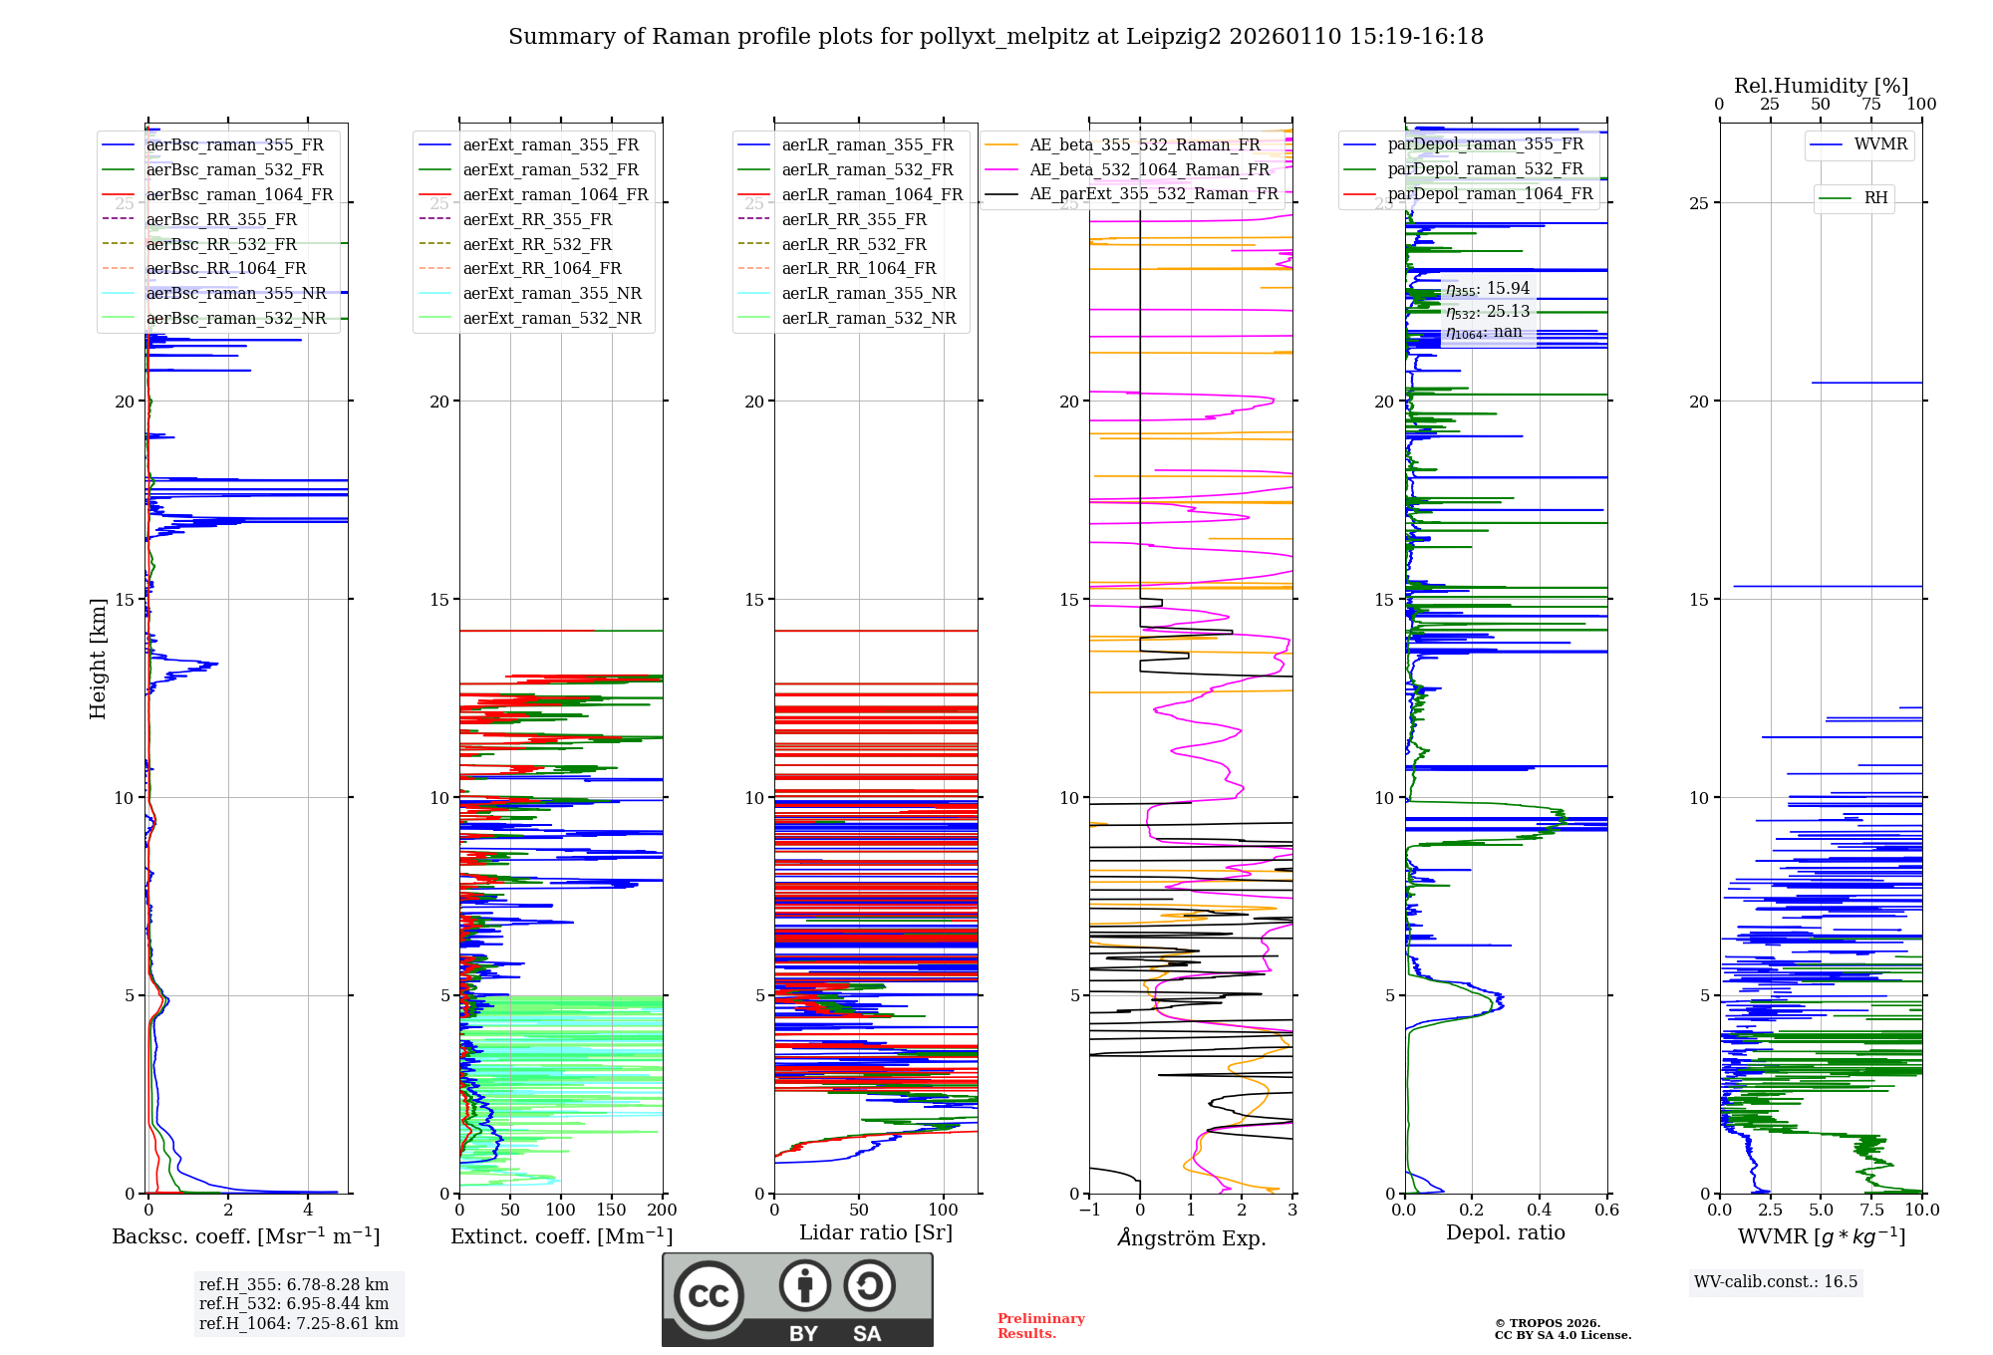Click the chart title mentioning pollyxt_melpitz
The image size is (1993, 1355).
(x=996, y=37)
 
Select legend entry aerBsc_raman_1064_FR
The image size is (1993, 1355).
(x=239, y=195)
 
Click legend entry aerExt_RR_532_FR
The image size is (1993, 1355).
(x=537, y=244)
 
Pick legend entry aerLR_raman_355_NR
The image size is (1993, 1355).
(x=868, y=294)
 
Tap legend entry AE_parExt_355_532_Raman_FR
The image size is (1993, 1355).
(x=1153, y=194)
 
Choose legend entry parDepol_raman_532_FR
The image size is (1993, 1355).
(x=1485, y=169)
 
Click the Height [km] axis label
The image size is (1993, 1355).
(x=98, y=659)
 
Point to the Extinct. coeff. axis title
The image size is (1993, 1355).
(x=561, y=1236)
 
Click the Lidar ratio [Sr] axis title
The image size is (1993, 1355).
(x=876, y=1233)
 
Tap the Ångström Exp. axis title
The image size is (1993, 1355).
(x=1191, y=1237)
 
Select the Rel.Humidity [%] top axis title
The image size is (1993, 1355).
(x=1821, y=86)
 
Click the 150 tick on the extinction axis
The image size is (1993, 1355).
(x=611, y=1211)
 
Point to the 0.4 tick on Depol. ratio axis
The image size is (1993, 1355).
(x=1539, y=1211)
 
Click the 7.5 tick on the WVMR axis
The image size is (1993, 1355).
(x=1871, y=1211)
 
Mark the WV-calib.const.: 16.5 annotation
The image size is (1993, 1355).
(x=1776, y=1282)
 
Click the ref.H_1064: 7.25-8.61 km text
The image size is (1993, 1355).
(x=298, y=1324)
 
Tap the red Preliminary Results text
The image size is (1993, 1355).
(x=1040, y=1326)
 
